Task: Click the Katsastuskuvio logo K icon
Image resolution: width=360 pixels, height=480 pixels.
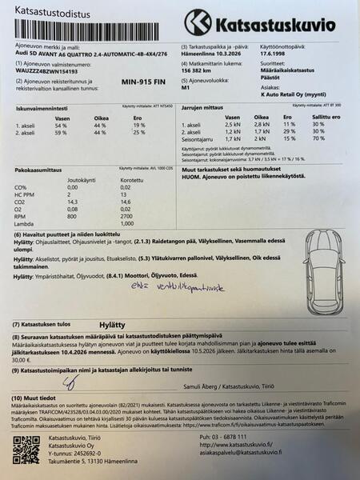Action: tap(197, 22)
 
